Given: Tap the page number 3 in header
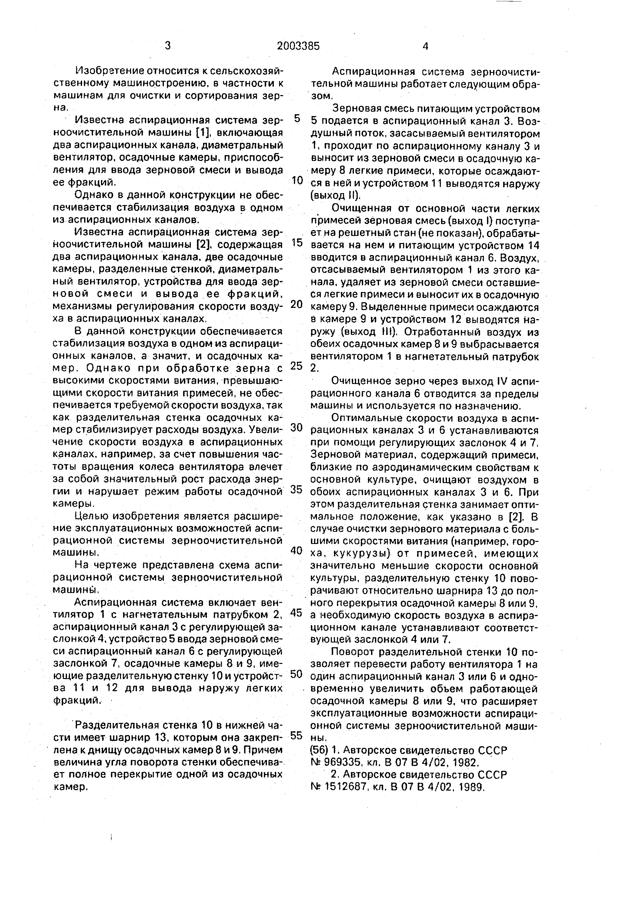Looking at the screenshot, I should [168, 46].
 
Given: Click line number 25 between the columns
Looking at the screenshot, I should [297, 366].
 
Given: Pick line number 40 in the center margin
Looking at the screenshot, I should [297, 551].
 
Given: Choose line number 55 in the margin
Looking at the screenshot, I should [297, 736].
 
